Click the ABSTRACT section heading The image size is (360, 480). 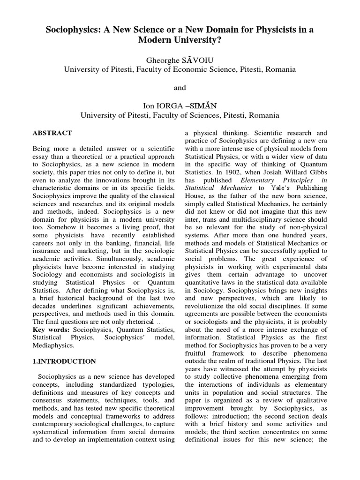tap(52, 133)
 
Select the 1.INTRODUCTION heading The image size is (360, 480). tap(64, 361)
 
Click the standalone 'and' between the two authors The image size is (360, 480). tap(180, 88)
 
